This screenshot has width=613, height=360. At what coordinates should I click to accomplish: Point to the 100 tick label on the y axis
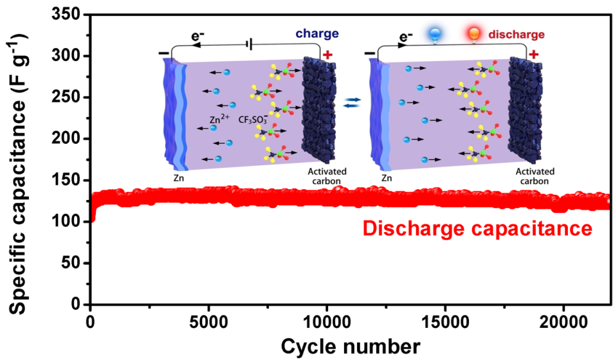[x=69, y=222]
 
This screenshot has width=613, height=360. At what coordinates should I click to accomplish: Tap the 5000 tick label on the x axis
[x=208, y=319]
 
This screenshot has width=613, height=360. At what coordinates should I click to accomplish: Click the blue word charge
[x=318, y=33]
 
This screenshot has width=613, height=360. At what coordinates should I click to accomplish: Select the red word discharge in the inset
[x=517, y=34]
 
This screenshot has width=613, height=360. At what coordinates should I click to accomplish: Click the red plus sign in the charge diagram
[x=327, y=55]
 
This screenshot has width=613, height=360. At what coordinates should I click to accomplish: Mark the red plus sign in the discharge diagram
[x=533, y=55]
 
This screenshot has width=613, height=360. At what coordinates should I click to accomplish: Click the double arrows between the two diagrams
[x=352, y=103]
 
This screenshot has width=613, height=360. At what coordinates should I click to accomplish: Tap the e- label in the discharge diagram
[x=405, y=38]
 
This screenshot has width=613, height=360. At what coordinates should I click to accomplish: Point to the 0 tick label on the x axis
[x=91, y=319]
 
